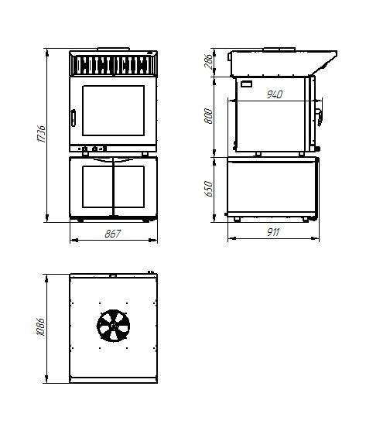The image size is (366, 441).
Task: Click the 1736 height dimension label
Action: coord(42,134)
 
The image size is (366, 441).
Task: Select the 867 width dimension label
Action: coord(113,234)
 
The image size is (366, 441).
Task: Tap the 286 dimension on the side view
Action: coord(209,62)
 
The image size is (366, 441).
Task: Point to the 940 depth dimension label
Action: coord(274,94)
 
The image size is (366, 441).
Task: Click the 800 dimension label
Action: coord(209,115)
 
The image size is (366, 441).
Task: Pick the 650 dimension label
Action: coord(209,189)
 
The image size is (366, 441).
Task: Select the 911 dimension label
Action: coord(273,232)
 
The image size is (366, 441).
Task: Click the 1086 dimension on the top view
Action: coord(41,326)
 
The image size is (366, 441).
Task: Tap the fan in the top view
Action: coord(114,326)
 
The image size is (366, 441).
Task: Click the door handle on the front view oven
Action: coord(74,118)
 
